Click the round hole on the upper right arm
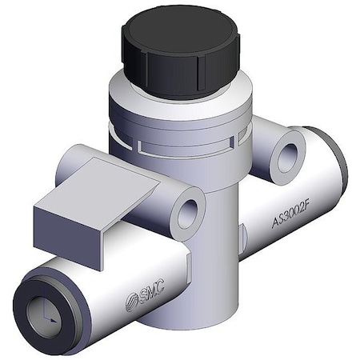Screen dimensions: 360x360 pos(290,147)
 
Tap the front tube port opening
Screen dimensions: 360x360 pos(43,312)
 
